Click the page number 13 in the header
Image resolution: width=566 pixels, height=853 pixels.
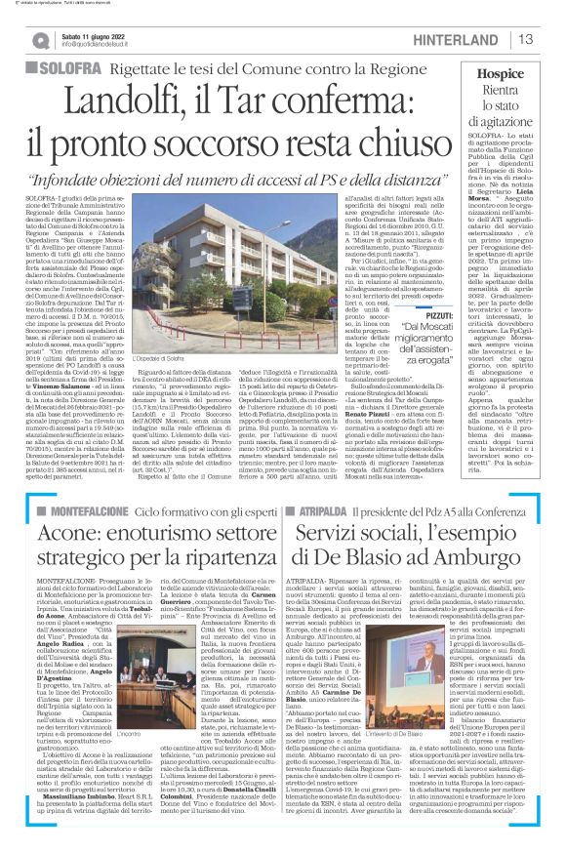[x=526, y=39]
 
